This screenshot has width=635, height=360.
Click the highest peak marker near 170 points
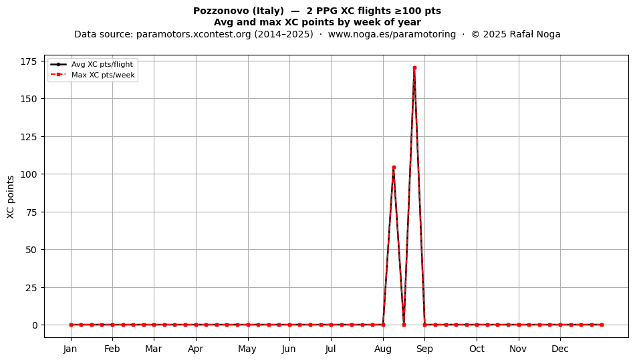tap(414, 68)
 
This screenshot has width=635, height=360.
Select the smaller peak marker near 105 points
tap(394, 168)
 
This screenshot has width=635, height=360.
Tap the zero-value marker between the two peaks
tap(404, 325)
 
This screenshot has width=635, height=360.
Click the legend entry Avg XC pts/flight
tap(102, 64)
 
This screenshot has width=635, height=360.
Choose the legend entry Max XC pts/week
tap(103, 75)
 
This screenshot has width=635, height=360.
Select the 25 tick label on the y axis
tap(31, 288)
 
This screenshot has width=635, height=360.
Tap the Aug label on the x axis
tap(383, 349)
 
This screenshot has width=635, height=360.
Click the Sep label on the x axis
tap(424, 349)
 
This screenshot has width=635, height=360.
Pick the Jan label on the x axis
tap(70, 349)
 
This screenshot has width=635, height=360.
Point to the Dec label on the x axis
tap(560, 349)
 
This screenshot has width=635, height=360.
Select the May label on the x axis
tap(247, 349)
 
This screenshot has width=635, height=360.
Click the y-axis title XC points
tap(11, 197)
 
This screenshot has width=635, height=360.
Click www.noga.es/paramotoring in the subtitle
tap(392, 34)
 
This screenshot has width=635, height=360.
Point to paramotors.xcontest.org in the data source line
tap(194, 34)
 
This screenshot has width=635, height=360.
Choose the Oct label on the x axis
tap(477, 349)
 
